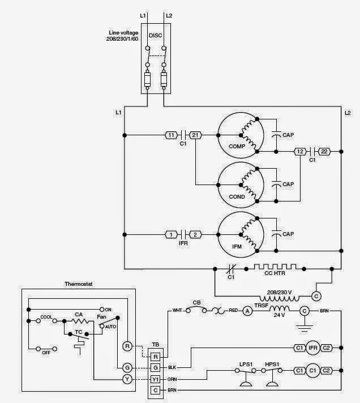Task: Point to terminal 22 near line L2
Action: [324, 151]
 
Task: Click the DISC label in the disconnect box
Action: [155, 35]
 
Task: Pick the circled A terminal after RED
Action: [247, 311]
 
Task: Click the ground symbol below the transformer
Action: [304, 327]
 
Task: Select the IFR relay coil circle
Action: [312, 347]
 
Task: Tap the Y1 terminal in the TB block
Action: [156, 379]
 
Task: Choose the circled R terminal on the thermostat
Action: [127, 345]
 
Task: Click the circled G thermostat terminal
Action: [127, 367]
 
